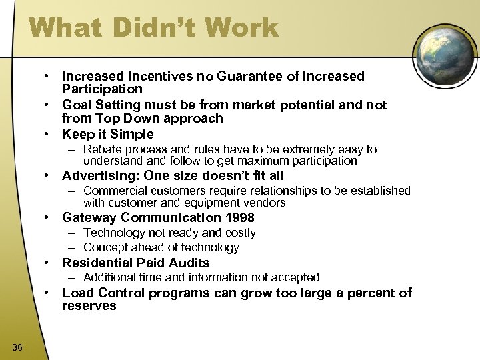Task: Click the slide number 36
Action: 18,345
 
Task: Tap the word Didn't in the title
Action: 154,29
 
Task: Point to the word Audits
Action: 191,263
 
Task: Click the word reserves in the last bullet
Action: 89,306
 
